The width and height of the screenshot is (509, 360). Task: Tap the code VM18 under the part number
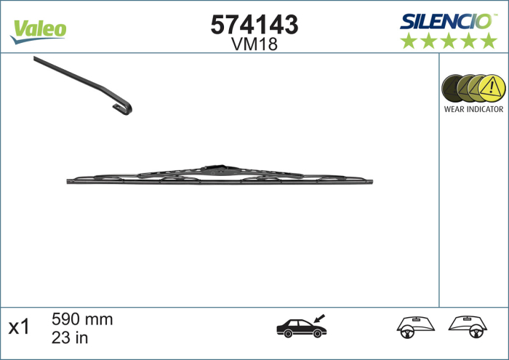254,44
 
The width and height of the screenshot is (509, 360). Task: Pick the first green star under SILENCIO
409,41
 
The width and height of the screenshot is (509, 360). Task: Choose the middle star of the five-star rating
449,41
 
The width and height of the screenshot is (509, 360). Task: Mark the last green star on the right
488,41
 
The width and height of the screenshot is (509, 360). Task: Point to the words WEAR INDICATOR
473,109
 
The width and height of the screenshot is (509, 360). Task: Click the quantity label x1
18,327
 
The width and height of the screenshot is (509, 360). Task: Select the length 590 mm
82,319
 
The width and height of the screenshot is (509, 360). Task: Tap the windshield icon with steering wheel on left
412,328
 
